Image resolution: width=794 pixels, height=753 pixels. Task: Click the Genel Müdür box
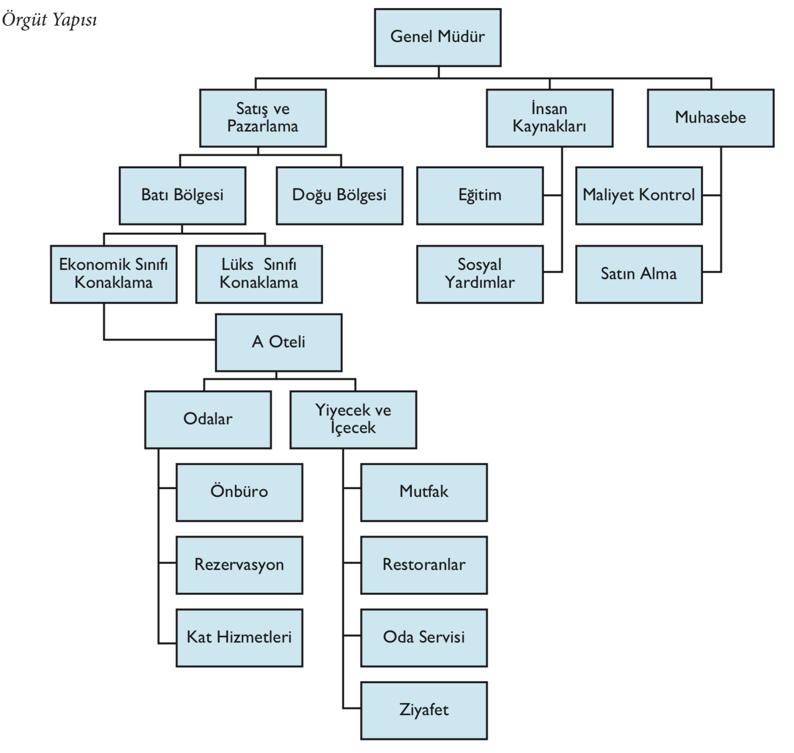coord(438,37)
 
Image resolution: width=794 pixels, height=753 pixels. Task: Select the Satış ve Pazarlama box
coord(263,118)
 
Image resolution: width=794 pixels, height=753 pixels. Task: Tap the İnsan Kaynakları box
coord(549,118)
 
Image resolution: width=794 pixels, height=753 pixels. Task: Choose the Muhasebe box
coord(710,118)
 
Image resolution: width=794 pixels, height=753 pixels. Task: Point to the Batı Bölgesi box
coord(182,196)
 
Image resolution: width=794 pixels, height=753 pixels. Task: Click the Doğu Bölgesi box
coord(339,196)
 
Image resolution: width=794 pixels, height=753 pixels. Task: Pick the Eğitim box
coord(480,196)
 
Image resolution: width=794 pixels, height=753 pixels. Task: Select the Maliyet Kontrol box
coord(638,196)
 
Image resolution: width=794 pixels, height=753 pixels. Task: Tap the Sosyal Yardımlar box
coord(480,274)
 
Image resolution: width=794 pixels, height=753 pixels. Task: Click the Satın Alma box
coord(638,274)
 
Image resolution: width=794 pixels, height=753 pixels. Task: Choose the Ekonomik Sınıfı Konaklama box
coord(114,274)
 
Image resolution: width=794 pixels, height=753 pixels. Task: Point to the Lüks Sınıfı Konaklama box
coord(259,274)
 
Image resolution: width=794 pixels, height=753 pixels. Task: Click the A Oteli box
coord(279,342)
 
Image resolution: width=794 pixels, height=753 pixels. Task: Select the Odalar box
coord(208,420)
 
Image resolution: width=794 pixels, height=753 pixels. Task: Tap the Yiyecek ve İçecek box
coord(353,420)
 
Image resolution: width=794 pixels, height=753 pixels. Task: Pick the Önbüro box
coord(239,492)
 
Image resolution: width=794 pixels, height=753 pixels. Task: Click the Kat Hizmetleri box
coord(239,637)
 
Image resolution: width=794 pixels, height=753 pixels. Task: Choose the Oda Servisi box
coord(424,637)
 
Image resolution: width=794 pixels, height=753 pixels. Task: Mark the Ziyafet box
coord(424,710)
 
